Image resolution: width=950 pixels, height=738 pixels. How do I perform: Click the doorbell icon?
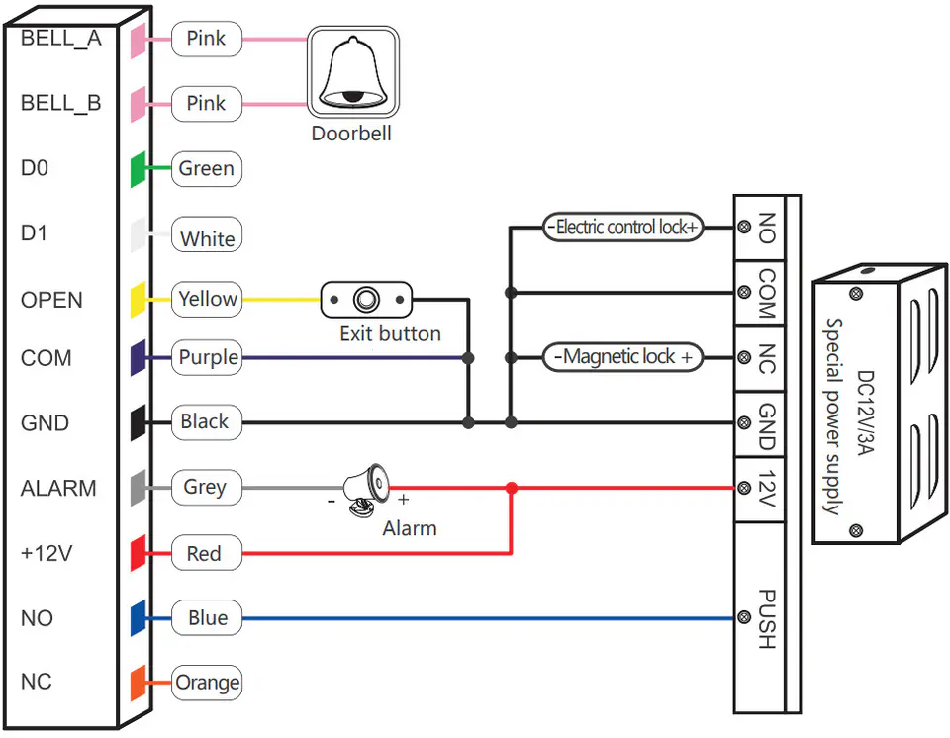353,71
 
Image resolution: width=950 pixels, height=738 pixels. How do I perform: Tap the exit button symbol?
366,300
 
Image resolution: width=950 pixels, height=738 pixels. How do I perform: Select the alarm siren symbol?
366,490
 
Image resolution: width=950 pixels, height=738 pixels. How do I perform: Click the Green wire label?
207,168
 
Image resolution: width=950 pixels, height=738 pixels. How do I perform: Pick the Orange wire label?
207,683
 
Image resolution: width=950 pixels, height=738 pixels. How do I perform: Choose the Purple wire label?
207,357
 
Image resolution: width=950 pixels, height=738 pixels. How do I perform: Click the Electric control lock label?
622,228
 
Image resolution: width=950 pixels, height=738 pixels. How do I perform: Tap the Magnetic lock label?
622,357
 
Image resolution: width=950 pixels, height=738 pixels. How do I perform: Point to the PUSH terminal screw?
744,618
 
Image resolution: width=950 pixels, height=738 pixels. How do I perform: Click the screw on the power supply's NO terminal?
744,228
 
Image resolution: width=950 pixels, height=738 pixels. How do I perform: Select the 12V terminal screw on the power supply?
744,488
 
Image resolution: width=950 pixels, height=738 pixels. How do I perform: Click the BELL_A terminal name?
61,39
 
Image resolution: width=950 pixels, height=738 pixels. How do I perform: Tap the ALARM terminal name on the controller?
58,488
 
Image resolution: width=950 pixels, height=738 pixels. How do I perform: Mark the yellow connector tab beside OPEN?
139,300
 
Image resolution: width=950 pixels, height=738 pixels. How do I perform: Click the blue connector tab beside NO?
139,618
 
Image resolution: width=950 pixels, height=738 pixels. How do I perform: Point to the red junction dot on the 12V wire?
512,488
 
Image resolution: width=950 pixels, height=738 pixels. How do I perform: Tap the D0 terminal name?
35,168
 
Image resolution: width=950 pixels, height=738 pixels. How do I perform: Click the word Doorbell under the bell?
351,134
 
